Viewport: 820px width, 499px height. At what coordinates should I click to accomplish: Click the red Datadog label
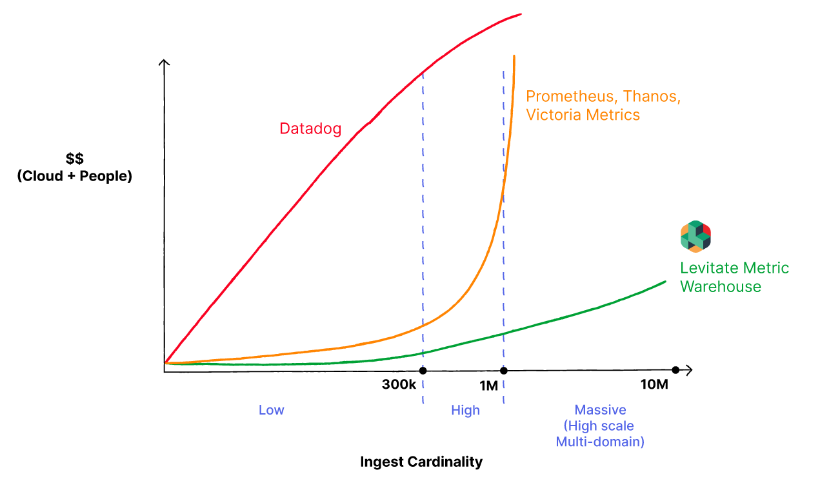(x=310, y=128)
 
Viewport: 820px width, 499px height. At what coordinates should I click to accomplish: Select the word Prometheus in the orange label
(x=565, y=97)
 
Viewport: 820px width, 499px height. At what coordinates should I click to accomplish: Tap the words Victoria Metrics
(x=583, y=115)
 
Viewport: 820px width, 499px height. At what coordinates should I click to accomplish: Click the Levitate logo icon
(x=695, y=237)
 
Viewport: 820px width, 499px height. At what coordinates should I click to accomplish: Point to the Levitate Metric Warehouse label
(x=734, y=277)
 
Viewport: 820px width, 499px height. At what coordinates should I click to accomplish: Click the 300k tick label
(x=399, y=386)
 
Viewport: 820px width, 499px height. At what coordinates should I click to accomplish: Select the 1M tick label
(x=488, y=386)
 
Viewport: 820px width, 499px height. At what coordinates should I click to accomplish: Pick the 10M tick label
(x=654, y=385)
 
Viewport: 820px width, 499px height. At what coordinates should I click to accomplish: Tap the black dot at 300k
(x=423, y=370)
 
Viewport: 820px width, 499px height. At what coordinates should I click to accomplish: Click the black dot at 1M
(x=504, y=370)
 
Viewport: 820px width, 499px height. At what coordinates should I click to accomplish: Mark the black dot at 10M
(x=675, y=370)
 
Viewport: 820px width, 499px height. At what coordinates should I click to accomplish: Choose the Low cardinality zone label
(x=271, y=410)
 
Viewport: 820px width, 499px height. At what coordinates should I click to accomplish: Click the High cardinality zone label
(x=465, y=410)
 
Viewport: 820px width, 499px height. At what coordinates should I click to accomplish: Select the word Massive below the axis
(x=600, y=410)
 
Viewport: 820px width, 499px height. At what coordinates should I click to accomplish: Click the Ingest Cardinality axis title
(x=421, y=462)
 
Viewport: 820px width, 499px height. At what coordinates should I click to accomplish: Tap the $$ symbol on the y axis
(x=74, y=159)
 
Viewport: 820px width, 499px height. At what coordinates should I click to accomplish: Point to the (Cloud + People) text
(x=74, y=175)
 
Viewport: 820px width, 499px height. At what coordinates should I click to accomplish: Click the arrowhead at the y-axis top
(x=165, y=63)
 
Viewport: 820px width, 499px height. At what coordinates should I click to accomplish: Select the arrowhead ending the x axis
(x=689, y=370)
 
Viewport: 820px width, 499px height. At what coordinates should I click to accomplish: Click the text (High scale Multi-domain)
(x=600, y=434)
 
